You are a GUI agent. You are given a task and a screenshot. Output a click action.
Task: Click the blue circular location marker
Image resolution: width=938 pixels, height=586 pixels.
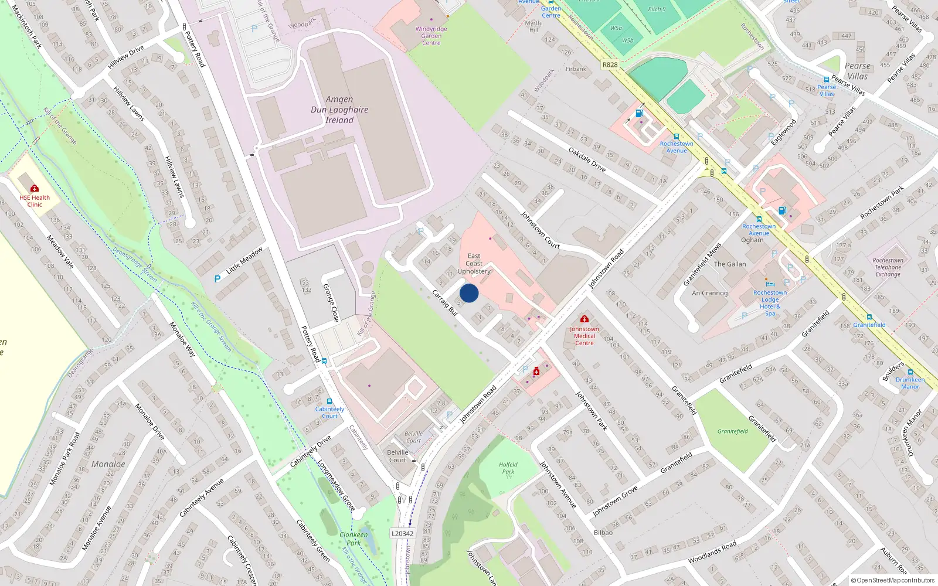[469, 293]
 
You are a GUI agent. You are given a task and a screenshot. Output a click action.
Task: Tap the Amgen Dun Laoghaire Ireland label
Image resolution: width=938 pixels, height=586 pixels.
[339, 110]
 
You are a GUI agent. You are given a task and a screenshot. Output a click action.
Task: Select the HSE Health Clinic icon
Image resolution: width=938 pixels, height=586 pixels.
[35, 188]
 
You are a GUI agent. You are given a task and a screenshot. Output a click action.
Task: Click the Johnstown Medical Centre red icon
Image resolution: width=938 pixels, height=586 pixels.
[584, 319]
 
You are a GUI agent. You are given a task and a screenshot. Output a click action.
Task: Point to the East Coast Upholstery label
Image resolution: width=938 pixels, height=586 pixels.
[474, 264]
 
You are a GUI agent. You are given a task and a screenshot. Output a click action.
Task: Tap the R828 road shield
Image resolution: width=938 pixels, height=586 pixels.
[610, 64]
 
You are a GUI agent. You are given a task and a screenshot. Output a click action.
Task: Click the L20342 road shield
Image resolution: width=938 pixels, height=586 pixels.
[402, 533]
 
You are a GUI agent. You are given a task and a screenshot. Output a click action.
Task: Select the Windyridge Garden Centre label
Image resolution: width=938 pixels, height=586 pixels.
[431, 36]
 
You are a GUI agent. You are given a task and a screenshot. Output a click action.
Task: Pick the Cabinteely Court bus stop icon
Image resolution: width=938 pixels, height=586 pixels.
[329, 401]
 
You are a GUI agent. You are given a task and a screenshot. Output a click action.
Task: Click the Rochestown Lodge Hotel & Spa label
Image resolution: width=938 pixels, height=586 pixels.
[770, 303]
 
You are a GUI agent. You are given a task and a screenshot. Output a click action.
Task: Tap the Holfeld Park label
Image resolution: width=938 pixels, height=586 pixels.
[508, 468]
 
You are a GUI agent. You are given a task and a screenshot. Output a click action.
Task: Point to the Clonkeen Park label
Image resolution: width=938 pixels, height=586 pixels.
[354, 539]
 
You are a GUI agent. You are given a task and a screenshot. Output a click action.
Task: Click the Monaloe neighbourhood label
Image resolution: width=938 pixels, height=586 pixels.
[108, 464]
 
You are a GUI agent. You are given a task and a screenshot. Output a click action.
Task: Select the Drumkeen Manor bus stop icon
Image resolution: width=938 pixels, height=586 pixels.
[910, 372]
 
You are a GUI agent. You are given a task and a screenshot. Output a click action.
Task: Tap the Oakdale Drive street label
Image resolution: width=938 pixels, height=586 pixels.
[587, 159]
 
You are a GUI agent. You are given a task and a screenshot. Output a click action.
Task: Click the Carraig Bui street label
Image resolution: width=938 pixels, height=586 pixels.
[444, 302]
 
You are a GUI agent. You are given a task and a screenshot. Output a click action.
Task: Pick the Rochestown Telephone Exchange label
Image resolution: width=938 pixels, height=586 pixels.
[888, 267]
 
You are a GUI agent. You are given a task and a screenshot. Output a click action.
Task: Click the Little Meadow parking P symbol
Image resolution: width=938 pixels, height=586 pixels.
[217, 279]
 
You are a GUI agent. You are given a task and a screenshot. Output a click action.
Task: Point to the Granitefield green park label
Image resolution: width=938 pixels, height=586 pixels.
[733, 431]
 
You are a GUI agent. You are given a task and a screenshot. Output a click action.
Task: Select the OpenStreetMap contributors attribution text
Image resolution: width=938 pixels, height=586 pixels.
[892, 580]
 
